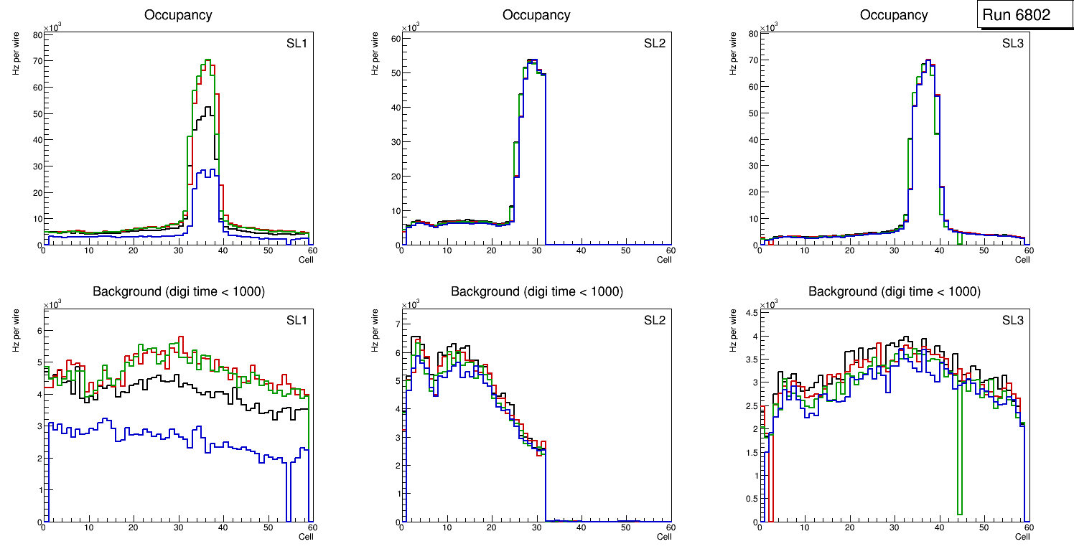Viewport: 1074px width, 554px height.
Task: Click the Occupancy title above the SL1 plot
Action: coord(178,14)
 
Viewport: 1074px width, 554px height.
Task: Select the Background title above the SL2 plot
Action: coord(536,291)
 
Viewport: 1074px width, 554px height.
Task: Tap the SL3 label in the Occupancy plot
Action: coord(1013,44)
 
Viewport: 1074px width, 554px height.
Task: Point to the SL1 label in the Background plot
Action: coord(296,321)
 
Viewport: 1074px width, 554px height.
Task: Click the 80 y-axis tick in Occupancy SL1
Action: coord(37,34)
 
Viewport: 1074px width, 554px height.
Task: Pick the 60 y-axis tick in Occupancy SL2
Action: coord(395,39)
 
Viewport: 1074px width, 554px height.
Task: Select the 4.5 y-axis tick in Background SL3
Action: coord(750,313)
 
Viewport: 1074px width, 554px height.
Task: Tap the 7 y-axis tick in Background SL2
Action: coord(396,324)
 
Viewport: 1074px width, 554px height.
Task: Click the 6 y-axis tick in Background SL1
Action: coord(39,330)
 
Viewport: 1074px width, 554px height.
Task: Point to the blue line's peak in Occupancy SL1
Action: coord(207,170)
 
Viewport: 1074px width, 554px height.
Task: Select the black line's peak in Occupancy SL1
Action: coord(209,107)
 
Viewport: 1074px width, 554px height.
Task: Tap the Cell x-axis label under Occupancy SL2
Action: coord(664,260)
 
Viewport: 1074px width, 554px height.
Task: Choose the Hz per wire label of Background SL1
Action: coord(16,329)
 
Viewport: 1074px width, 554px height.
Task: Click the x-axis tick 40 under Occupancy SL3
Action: coord(939,250)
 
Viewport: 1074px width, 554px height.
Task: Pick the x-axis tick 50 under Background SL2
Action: coord(625,528)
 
